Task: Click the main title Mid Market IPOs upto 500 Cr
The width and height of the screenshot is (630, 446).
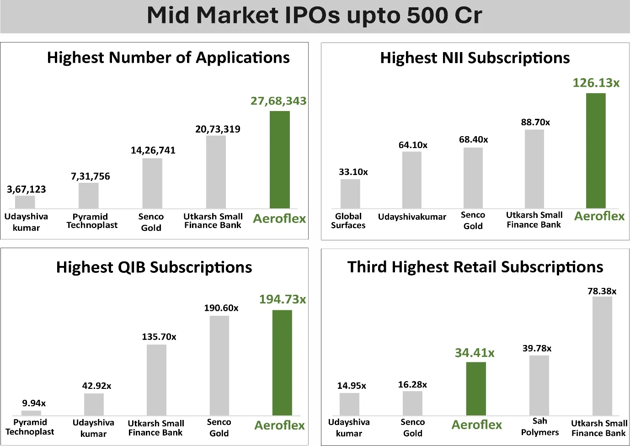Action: click(x=315, y=15)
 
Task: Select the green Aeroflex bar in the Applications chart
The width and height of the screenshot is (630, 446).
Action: click(x=279, y=160)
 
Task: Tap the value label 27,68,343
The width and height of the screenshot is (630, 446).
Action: click(x=278, y=101)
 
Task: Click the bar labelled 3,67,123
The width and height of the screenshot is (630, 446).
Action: click(x=25, y=202)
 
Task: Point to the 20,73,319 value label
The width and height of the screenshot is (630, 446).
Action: click(x=218, y=129)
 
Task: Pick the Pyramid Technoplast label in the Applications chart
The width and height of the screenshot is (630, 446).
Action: click(x=91, y=221)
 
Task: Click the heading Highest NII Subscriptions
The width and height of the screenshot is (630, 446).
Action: click(x=475, y=58)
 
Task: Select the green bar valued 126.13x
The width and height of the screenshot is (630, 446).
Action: click(x=596, y=151)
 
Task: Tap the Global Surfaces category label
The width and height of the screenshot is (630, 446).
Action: click(x=348, y=221)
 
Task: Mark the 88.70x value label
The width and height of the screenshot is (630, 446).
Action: click(x=535, y=122)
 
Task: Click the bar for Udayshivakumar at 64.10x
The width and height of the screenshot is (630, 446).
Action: click(x=412, y=180)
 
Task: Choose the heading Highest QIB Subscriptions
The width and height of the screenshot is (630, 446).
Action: click(x=154, y=267)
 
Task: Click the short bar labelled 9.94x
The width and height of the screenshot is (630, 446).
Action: click(x=31, y=413)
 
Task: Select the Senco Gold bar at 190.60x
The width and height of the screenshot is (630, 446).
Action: click(x=219, y=366)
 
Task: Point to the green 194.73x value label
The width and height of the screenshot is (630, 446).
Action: click(x=282, y=299)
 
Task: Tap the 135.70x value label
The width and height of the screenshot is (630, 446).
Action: click(x=159, y=337)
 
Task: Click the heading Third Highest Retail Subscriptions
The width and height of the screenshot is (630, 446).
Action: click(x=475, y=267)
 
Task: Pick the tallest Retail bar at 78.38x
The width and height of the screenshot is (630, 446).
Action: click(x=602, y=356)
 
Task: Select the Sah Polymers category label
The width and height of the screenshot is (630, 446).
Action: click(x=539, y=426)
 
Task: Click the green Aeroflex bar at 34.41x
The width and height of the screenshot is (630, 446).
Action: click(x=476, y=388)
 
